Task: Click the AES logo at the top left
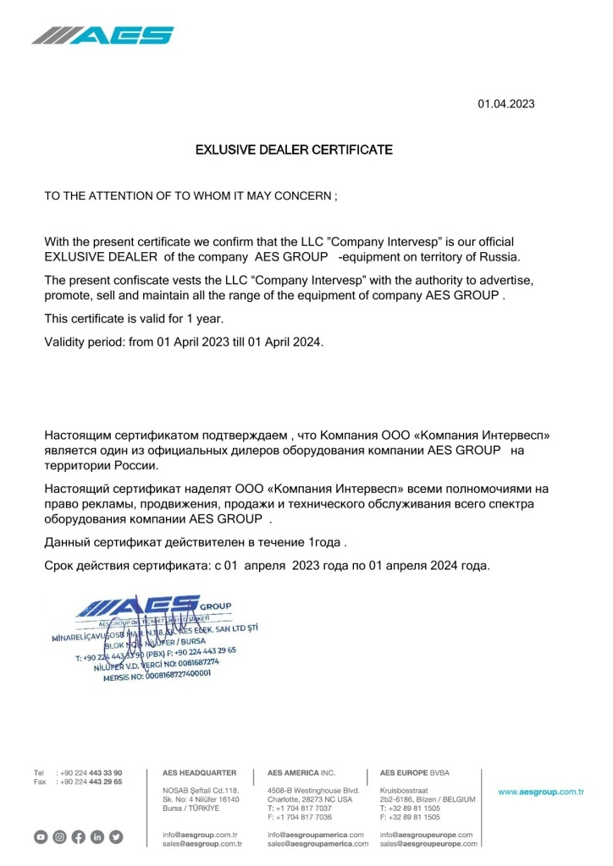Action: (103, 35)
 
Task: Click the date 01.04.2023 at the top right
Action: (506, 105)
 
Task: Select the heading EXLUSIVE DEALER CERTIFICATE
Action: (294, 151)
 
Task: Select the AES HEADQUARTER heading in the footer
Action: (199, 773)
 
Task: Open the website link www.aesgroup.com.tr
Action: (541, 792)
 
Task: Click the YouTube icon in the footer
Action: (41, 837)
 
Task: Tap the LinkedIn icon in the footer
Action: (97, 837)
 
